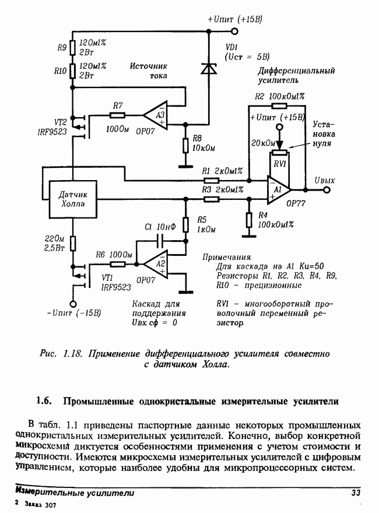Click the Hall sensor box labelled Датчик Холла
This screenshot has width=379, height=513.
[x=73, y=199]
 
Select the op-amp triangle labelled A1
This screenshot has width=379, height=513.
[x=278, y=190]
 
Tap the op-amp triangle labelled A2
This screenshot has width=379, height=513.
[x=156, y=264]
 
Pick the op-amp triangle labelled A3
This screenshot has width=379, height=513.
[x=156, y=115]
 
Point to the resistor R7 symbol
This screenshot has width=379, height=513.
[x=117, y=115]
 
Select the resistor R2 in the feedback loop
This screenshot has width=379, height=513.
[x=279, y=106]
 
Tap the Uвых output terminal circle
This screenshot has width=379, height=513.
[x=327, y=190]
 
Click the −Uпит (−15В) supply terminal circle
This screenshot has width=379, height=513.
[x=73, y=304]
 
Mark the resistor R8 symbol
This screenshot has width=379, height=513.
[x=185, y=145]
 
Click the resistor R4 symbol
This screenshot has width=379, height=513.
[x=249, y=220]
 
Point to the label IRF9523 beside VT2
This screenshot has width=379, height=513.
[x=52, y=132]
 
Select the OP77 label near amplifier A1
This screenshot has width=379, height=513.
[x=296, y=203]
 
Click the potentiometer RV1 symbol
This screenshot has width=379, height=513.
[x=279, y=153]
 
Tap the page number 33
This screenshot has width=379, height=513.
[x=356, y=493]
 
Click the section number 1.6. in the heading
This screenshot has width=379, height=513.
[x=44, y=401]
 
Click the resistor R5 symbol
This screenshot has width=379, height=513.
[x=185, y=224]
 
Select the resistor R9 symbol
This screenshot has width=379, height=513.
[x=73, y=47]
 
